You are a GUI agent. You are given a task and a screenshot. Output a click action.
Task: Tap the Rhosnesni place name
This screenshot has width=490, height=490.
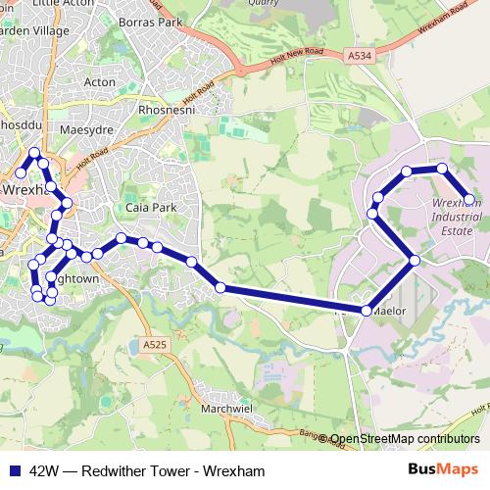[171, 111]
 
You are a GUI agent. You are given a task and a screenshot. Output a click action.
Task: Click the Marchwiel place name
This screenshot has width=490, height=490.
[227, 409]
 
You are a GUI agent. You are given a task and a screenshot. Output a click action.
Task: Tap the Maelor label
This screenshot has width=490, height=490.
[389, 313]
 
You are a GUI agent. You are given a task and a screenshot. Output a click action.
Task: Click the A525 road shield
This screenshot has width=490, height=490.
[154, 345]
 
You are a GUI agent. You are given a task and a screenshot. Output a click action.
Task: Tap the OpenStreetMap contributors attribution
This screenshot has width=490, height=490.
[406, 440]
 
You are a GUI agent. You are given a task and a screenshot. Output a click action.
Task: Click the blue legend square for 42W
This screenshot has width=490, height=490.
[14, 470]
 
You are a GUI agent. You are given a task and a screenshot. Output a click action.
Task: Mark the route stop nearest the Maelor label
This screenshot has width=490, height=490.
[366, 311]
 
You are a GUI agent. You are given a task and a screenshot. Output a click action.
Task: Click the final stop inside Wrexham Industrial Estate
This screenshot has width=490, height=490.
[468, 199]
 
